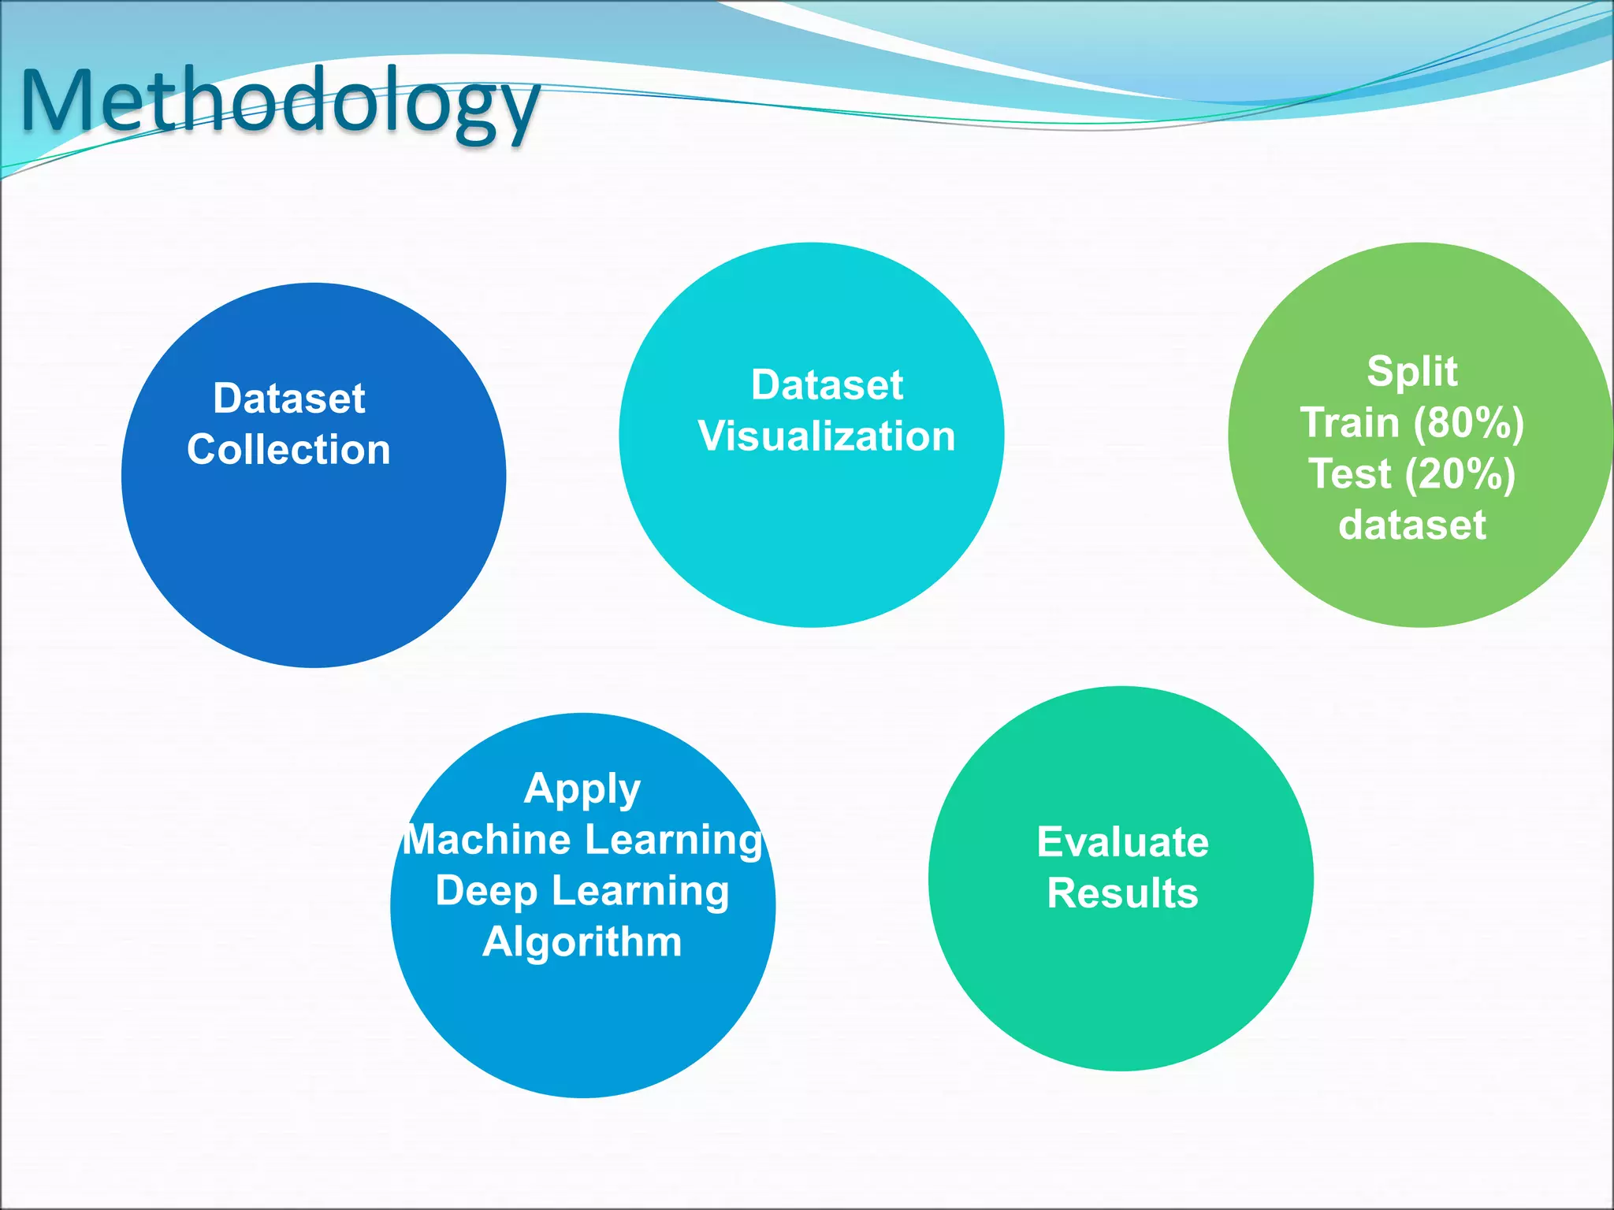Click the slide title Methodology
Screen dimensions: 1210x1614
click(x=280, y=102)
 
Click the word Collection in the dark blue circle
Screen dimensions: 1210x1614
click(x=288, y=450)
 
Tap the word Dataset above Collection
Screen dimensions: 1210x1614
click(x=288, y=398)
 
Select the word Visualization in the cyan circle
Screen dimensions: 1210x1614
click(x=826, y=436)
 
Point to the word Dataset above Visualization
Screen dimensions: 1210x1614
click(x=827, y=384)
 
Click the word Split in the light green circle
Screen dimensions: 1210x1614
click(x=1411, y=371)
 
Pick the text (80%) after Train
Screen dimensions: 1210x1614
click(x=1468, y=422)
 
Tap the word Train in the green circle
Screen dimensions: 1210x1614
click(x=1349, y=422)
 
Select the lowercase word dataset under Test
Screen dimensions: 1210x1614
click(x=1411, y=525)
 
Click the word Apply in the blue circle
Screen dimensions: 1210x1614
click(x=582, y=789)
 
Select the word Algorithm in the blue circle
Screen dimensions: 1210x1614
click(x=582, y=942)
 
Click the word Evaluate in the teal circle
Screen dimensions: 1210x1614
click(x=1122, y=842)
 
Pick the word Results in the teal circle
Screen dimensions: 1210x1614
click(x=1122, y=893)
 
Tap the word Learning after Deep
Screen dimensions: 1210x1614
click(x=640, y=891)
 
